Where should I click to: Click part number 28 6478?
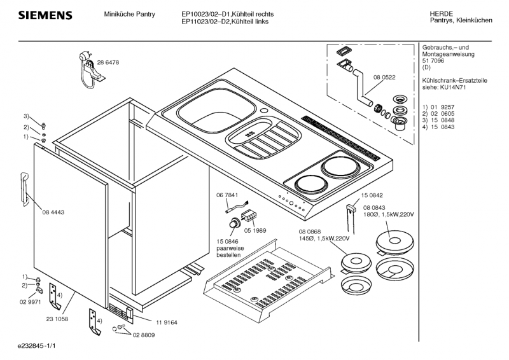click(108, 62)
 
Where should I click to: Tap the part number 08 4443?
click(54, 212)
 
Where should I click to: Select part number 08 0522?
click(384, 76)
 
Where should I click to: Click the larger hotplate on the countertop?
click(340, 169)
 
